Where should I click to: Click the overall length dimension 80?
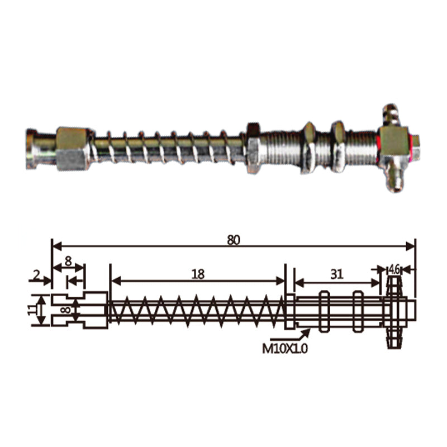(234, 241)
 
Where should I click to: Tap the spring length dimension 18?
(198, 274)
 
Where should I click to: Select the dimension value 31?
(337, 274)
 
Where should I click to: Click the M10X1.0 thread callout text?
(285, 348)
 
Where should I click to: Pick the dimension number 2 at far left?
(36, 275)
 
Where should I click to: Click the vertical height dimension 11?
(32, 310)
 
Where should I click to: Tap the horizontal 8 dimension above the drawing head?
(68, 261)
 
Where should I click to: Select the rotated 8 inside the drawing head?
(67, 310)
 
